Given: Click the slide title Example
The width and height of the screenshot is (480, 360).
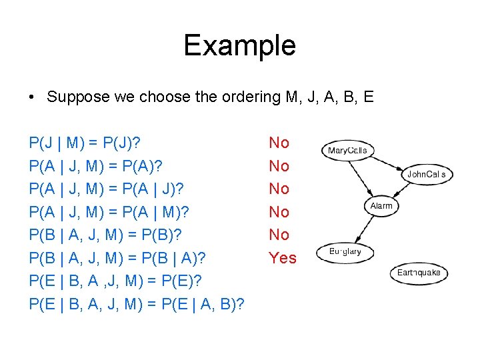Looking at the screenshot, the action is (239, 45).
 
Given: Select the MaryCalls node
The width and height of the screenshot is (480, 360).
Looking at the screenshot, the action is (347, 151).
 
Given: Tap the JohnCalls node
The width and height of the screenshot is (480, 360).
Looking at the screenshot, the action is (427, 175).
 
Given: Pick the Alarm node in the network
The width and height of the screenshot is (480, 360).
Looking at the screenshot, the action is (381, 206).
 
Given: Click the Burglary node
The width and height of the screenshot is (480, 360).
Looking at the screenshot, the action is (345, 251).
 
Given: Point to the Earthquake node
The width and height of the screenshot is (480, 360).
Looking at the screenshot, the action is (419, 273).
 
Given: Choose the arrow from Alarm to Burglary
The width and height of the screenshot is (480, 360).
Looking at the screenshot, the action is (364, 228).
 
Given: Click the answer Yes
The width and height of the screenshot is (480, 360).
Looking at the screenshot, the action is (283, 258).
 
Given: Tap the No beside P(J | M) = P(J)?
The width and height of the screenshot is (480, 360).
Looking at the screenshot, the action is (279, 143).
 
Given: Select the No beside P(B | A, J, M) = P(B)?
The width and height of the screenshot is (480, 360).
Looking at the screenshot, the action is (279, 235).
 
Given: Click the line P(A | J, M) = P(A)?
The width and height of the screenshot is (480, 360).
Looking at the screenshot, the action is (97, 166).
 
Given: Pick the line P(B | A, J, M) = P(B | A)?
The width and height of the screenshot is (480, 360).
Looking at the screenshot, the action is (117, 258).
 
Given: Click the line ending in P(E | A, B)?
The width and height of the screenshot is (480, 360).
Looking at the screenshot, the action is (137, 304).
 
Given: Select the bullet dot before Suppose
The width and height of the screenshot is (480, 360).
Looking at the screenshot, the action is (32, 97).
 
